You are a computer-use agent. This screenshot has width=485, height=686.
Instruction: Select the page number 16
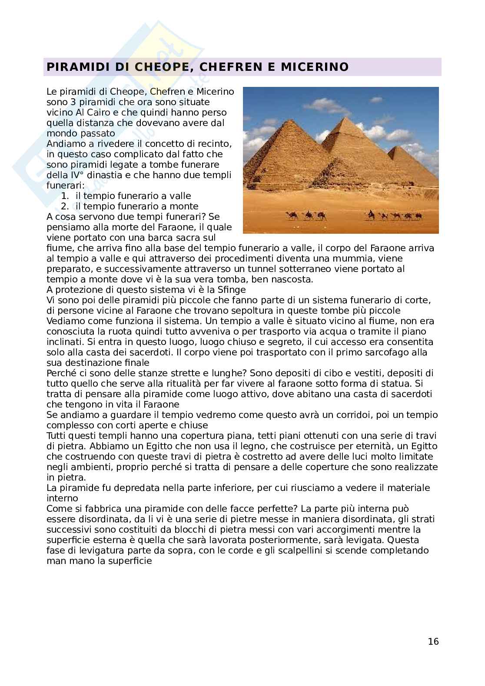click(433, 641)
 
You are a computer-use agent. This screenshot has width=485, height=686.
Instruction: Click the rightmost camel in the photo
click(418, 215)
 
